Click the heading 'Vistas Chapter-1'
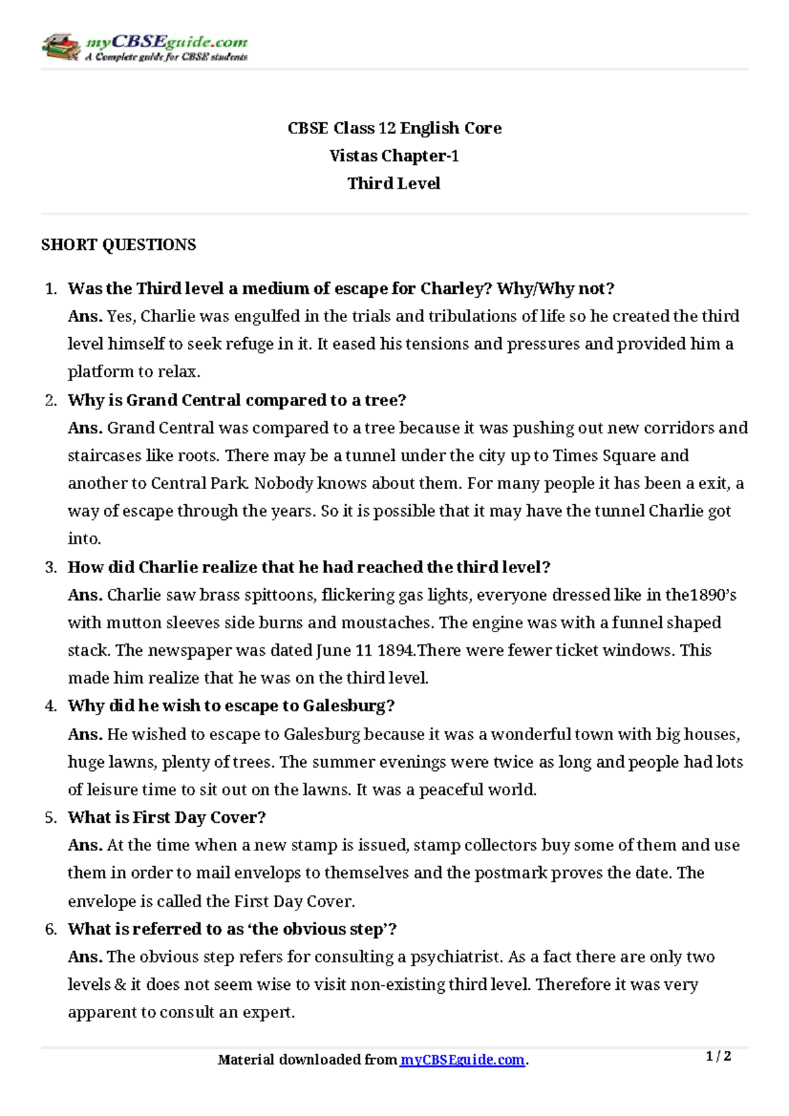coord(394,156)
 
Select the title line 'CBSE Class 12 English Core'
coord(394,128)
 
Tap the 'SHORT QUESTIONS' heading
coord(118,244)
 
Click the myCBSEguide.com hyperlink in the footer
coord(462,1059)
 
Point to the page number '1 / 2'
coord(718,1056)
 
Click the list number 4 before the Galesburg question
coord(51,706)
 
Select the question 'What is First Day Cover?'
coord(166,818)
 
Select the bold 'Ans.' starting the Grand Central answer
coord(85,428)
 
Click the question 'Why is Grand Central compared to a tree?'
coord(237,400)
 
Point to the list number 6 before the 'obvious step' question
coord(51,929)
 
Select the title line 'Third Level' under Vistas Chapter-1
coord(394,183)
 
